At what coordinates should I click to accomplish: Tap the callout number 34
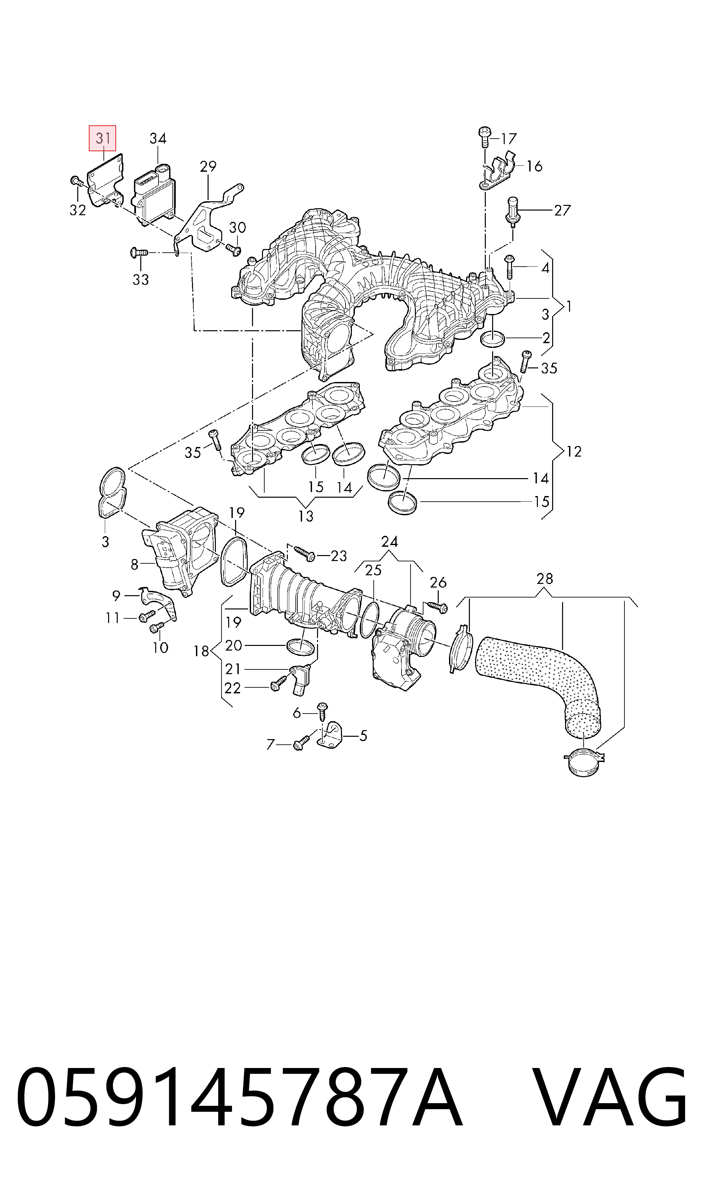coord(158,138)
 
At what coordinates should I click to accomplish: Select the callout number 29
coord(208,167)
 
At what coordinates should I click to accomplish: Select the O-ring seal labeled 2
coord(493,339)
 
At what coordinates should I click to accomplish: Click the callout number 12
coord(574,451)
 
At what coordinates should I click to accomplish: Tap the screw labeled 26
coord(437,606)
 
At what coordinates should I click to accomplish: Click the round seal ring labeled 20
coord(301,647)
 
